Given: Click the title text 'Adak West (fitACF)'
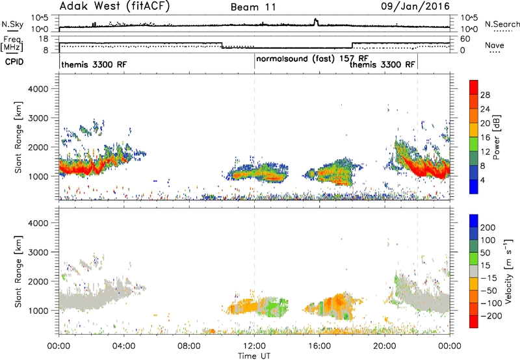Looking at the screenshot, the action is tap(114, 6).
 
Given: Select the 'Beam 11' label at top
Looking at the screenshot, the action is tap(253, 7).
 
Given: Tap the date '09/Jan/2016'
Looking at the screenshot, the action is tap(415, 6).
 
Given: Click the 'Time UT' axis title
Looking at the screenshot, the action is tap(254, 356).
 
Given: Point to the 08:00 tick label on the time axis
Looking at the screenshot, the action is tap(189, 346).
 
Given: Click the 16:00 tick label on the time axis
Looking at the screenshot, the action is tap(319, 346).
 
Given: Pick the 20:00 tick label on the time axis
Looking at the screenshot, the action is tap(385, 346).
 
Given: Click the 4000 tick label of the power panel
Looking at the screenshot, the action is tap(38, 89).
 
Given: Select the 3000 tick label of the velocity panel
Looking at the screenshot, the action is tap(38, 252).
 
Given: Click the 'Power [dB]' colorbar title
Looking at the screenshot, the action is tap(496, 137).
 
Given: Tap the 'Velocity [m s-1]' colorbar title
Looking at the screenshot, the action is tap(508, 271).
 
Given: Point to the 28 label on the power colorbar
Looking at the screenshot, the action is tap(485, 95).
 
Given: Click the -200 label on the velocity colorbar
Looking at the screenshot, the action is tap(491, 316).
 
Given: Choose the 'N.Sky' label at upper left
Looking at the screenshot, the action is tap(12, 24).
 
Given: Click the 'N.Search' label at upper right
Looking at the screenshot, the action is tap(502, 24).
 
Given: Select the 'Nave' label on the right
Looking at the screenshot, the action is tap(495, 45).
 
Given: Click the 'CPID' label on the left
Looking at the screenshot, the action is tap(14, 62).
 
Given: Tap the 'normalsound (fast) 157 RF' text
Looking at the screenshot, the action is tap(312, 59).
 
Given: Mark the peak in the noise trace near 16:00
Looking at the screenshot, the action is tap(316, 19).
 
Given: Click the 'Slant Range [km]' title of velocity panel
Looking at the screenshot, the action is tap(18, 272).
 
